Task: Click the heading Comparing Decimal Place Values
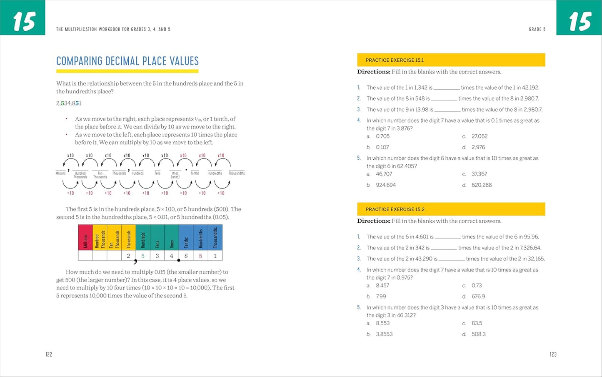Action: (x=127, y=61)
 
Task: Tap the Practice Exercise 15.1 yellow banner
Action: (x=451, y=60)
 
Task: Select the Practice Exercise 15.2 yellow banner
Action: (x=451, y=209)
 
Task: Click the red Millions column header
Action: (x=85, y=237)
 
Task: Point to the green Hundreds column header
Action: (x=143, y=237)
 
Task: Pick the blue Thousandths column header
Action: (x=215, y=237)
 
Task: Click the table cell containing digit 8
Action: (x=186, y=256)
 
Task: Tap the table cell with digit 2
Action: (x=128, y=256)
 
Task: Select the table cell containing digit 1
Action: (x=215, y=256)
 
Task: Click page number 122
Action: (x=49, y=354)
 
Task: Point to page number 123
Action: (x=553, y=354)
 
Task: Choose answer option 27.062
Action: (x=480, y=136)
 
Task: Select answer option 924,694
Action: (x=386, y=185)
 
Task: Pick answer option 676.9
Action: (x=478, y=297)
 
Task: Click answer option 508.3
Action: (x=479, y=334)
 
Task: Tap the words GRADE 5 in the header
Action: (x=537, y=30)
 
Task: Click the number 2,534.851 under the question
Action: (x=69, y=103)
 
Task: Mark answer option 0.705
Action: (x=382, y=136)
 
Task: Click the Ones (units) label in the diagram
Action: (x=175, y=175)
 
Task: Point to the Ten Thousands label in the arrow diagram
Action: (x=100, y=175)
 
